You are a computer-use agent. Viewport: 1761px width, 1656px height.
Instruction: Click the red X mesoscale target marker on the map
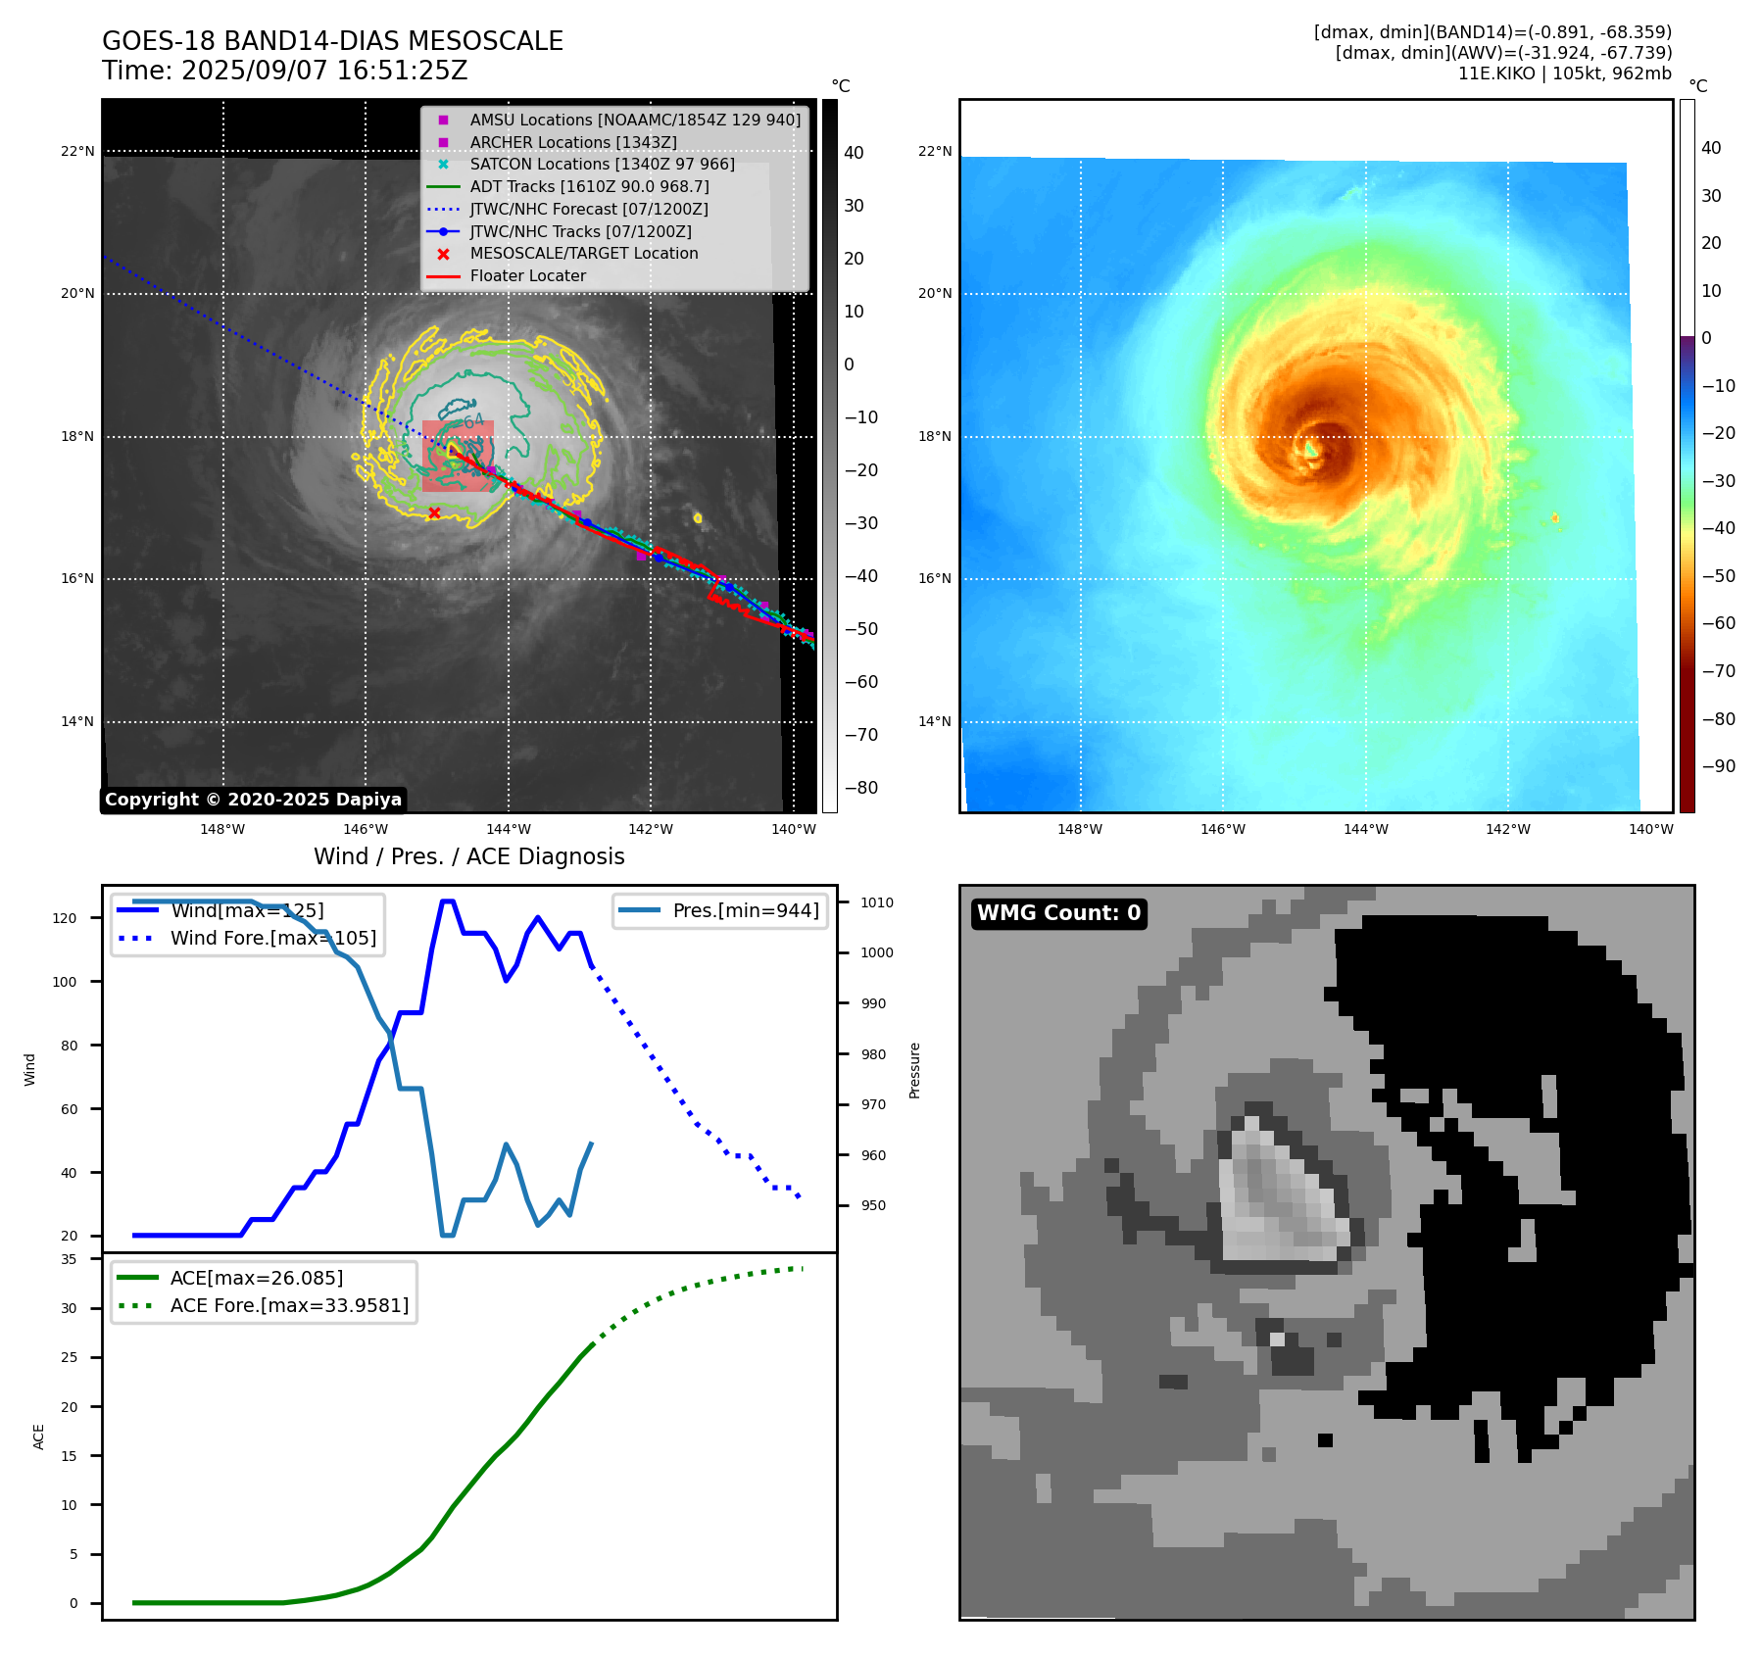[x=434, y=512]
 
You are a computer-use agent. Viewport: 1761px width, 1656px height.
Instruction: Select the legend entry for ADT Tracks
[x=589, y=186]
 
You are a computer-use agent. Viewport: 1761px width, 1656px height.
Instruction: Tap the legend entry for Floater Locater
[x=527, y=275]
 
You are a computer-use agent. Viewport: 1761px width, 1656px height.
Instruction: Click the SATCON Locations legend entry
[x=602, y=164]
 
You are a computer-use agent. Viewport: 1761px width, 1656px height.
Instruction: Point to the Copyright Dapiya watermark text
[x=253, y=800]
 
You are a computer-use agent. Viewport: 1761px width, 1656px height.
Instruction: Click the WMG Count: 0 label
[x=1058, y=913]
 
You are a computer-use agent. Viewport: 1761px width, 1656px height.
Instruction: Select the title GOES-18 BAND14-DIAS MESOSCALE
[x=332, y=41]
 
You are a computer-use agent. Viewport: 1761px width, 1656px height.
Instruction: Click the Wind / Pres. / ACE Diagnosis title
[x=468, y=856]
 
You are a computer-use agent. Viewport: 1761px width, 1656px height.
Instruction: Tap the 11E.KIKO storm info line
[x=1564, y=73]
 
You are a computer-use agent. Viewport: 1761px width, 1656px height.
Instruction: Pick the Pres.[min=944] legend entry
[x=745, y=910]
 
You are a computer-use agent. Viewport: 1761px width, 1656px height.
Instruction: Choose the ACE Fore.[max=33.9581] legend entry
[x=289, y=1305]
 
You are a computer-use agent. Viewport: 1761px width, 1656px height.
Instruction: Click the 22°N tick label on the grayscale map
[x=78, y=151]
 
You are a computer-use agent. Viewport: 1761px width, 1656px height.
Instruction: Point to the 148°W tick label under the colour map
[x=1080, y=829]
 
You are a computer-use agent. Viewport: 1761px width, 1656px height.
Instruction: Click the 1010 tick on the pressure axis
[x=877, y=902]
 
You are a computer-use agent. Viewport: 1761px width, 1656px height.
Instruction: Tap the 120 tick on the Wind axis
[x=65, y=918]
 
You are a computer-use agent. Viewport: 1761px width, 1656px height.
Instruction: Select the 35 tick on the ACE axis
[x=69, y=1259]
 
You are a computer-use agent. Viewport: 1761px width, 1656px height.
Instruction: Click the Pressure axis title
[x=914, y=1070]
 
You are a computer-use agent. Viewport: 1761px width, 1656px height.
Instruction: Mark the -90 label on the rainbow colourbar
[x=1718, y=766]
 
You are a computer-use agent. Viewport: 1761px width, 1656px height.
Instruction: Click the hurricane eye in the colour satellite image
[x=1311, y=449]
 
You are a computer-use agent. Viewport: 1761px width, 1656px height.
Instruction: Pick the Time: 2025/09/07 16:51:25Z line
[x=285, y=71]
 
